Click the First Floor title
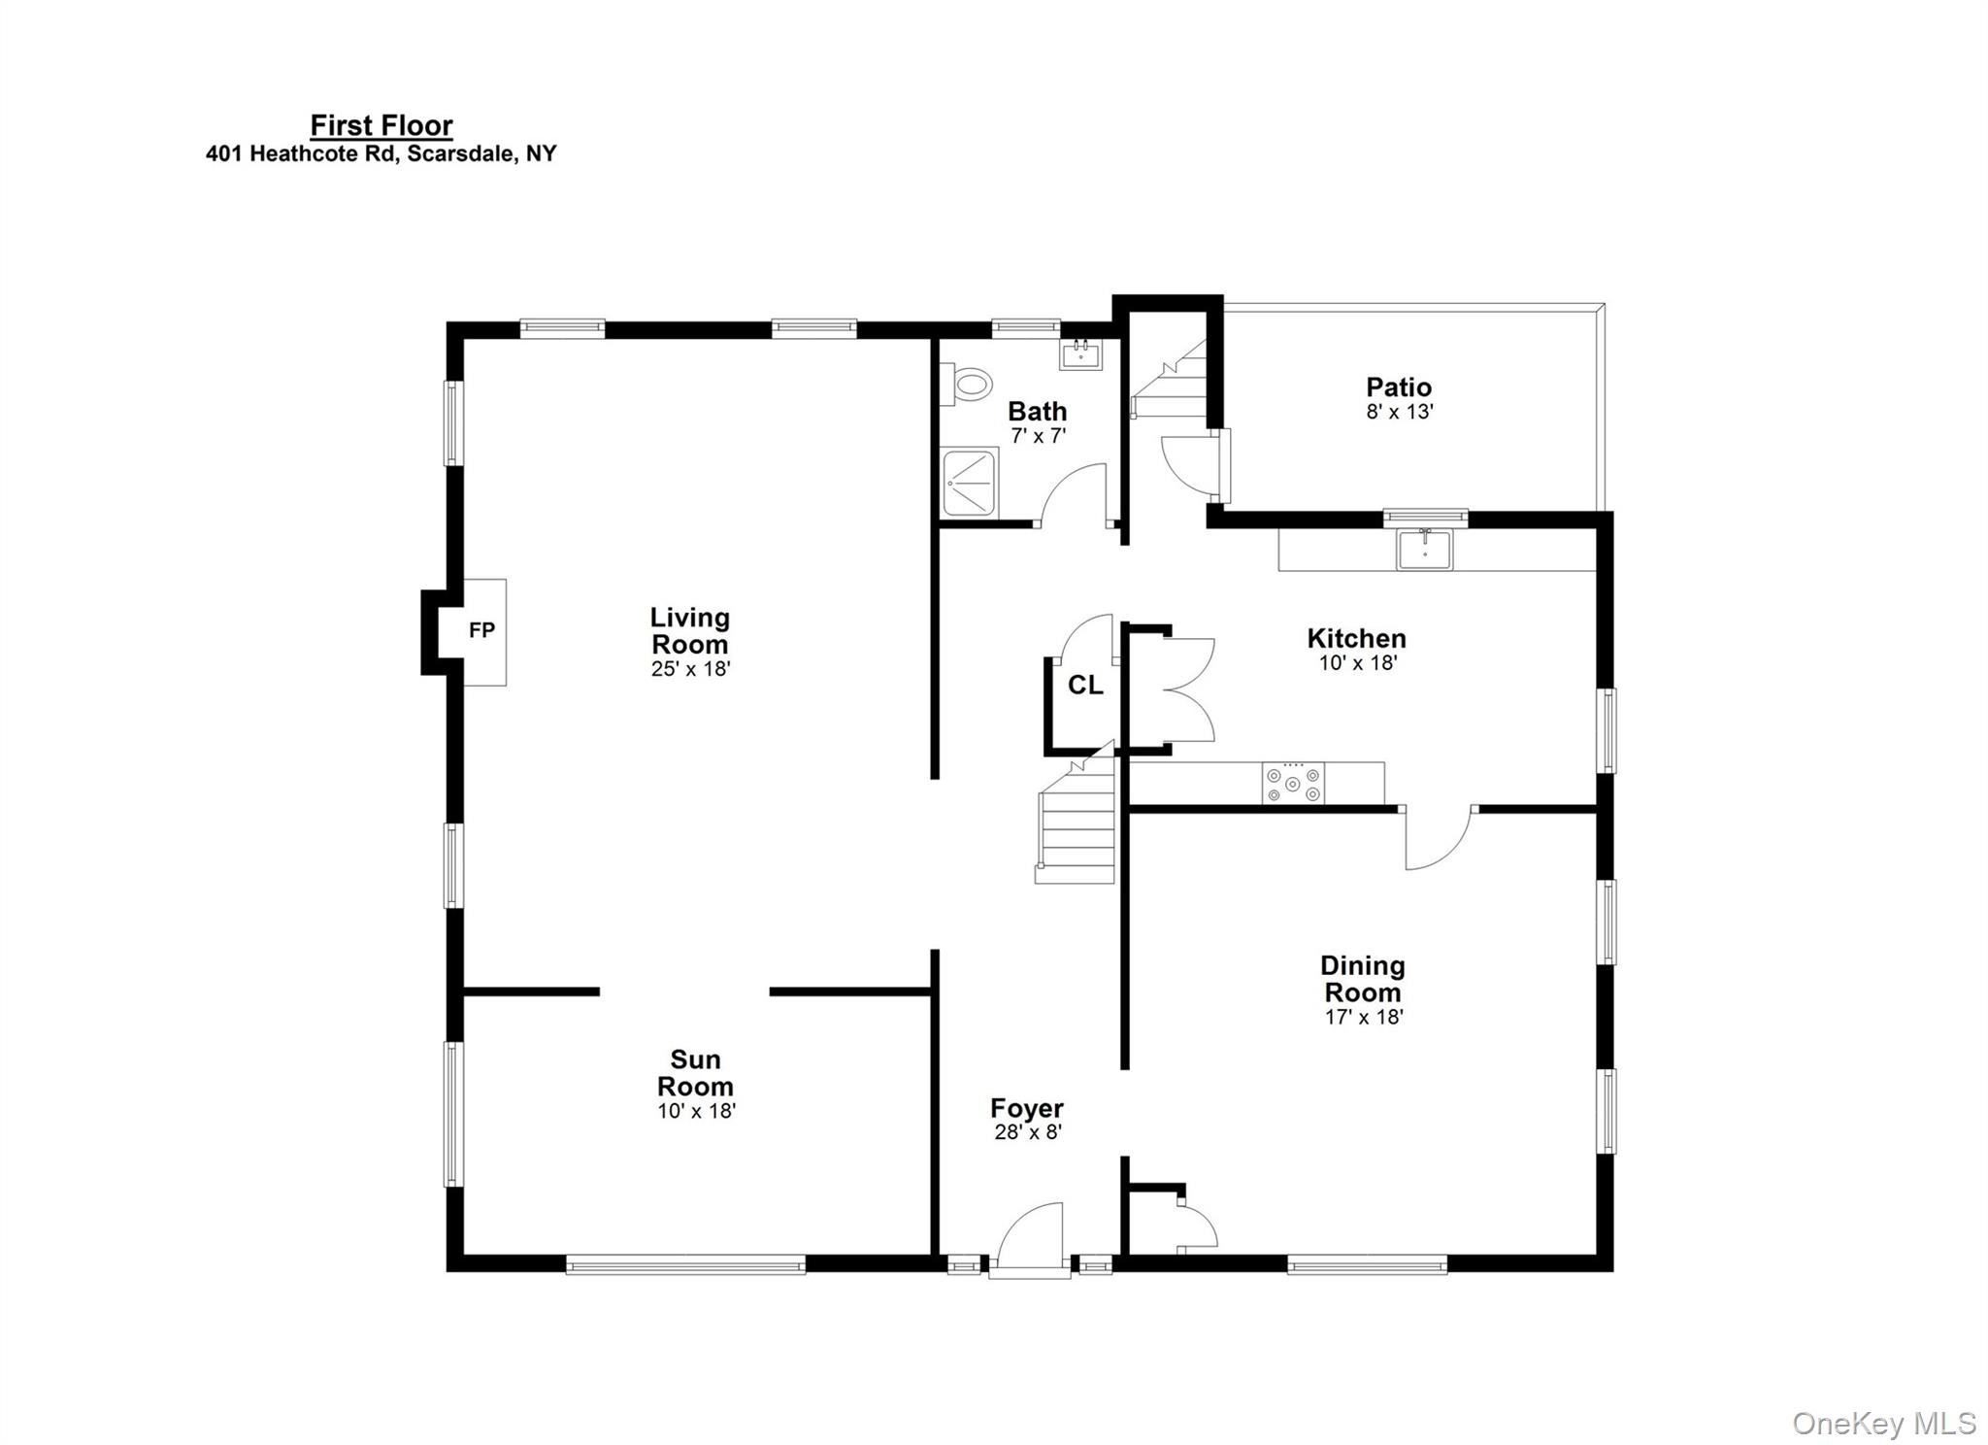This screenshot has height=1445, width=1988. click(x=381, y=125)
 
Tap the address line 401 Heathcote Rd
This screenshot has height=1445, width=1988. click(x=381, y=153)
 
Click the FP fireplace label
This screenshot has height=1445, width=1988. click(x=481, y=630)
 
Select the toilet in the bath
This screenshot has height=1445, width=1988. click(x=969, y=384)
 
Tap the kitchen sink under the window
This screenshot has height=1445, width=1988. click(x=1424, y=550)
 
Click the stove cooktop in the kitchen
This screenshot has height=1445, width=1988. click(x=1293, y=783)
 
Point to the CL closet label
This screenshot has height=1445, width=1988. click(x=1084, y=686)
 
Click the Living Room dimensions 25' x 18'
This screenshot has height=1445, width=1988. click(x=690, y=669)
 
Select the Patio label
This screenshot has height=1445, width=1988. click(x=1399, y=387)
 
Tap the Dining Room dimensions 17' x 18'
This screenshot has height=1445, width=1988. click(x=1364, y=1017)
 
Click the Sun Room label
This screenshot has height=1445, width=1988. click(x=695, y=1072)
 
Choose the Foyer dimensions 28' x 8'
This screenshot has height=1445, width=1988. click(x=1028, y=1132)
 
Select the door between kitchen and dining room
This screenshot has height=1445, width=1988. click(x=1437, y=837)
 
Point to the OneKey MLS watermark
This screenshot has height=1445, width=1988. click(x=1883, y=1424)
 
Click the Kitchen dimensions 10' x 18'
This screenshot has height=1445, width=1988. click(x=1357, y=663)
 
